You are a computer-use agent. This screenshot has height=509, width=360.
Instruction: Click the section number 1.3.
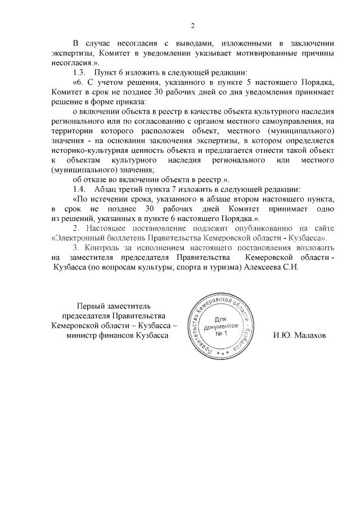(x=81, y=73)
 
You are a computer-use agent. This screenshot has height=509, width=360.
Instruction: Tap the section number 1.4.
(x=81, y=188)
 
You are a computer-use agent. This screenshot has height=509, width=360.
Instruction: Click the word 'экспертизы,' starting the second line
(x=70, y=52)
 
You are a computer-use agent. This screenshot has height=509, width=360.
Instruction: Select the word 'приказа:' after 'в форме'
(x=129, y=102)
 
